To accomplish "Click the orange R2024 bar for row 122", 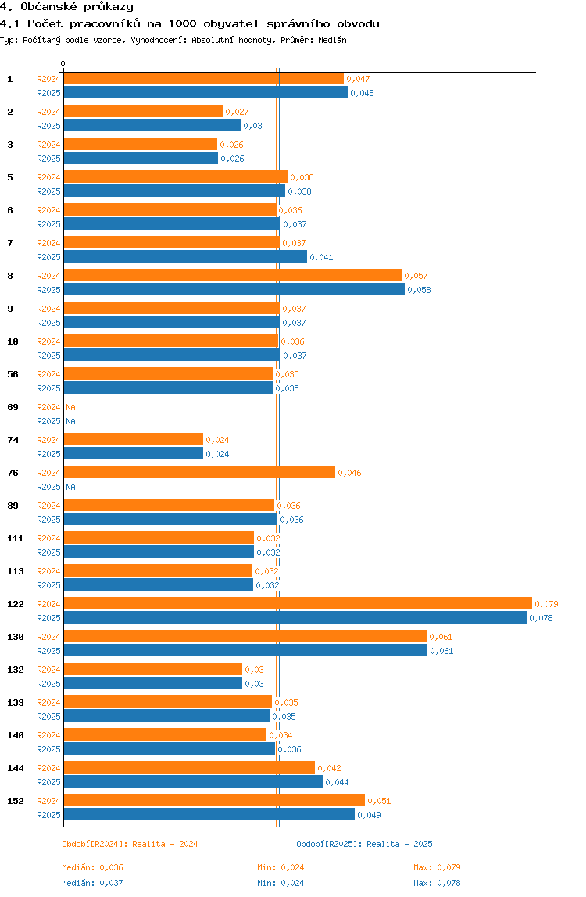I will [x=297, y=603].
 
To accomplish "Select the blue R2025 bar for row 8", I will [x=234, y=289].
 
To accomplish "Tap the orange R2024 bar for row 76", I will [x=199, y=472].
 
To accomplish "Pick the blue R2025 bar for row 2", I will [x=152, y=125].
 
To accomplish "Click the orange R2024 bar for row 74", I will [x=133, y=439].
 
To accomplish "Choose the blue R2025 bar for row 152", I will [x=209, y=814].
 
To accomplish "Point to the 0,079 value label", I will [x=546, y=604].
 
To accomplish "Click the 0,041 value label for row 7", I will [x=321, y=257].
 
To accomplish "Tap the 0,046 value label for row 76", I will [x=349, y=473].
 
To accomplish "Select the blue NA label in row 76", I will [x=70, y=487].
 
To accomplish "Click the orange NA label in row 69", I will [x=70, y=407].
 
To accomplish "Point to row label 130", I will [x=16, y=637].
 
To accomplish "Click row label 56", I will [x=13, y=374].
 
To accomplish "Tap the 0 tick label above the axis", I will [x=63, y=63].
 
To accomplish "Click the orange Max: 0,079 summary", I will [x=437, y=867].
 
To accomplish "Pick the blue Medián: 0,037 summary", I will [x=93, y=883].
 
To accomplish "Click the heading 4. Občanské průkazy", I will [x=66, y=7].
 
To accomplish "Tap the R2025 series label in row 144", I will [x=48, y=782].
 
